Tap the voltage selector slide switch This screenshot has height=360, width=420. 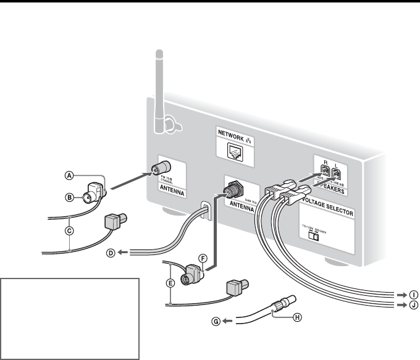[x=315, y=235]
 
